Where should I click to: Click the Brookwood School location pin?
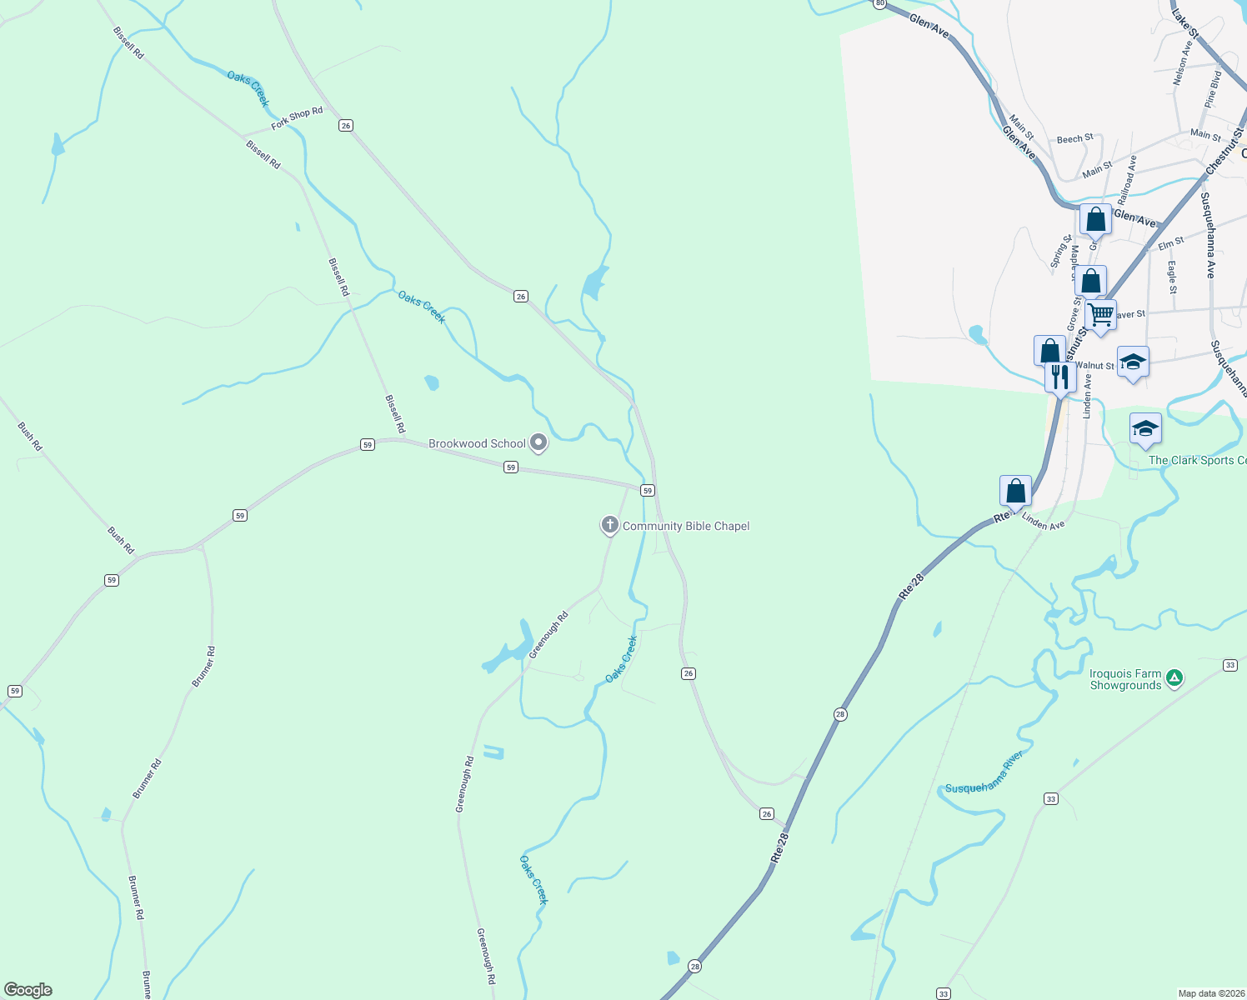pyautogui.click(x=538, y=442)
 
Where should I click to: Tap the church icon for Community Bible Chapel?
pyautogui.click(x=609, y=525)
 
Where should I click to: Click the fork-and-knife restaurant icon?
pyautogui.click(x=1059, y=376)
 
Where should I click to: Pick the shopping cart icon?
pyautogui.click(x=1100, y=315)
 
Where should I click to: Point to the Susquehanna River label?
pyautogui.click(x=984, y=773)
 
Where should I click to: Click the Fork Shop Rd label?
pyautogui.click(x=297, y=119)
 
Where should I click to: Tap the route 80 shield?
pyautogui.click(x=879, y=4)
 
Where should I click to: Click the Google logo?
pyautogui.click(x=28, y=990)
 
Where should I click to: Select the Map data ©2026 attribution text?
pyautogui.click(x=1209, y=993)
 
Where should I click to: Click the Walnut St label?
pyautogui.click(x=1094, y=366)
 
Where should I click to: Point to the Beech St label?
pyautogui.click(x=1074, y=139)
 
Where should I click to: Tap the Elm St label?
pyautogui.click(x=1171, y=243)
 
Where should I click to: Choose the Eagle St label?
pyautogui.click(x=1172, y=277)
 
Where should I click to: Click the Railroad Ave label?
pyautogui.click(x=1127, y=180)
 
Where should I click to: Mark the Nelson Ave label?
pyautogui.click(x=1181, y=63)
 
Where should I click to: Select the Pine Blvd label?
pyautogui.click(x=1213, y=89)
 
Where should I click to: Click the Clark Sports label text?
pyautogui.click(x=1197, y=460)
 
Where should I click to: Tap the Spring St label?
pyautogui.click(x=1059, y=251)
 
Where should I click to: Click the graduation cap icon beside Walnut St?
pyautogui.click(x=1132, y=362)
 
